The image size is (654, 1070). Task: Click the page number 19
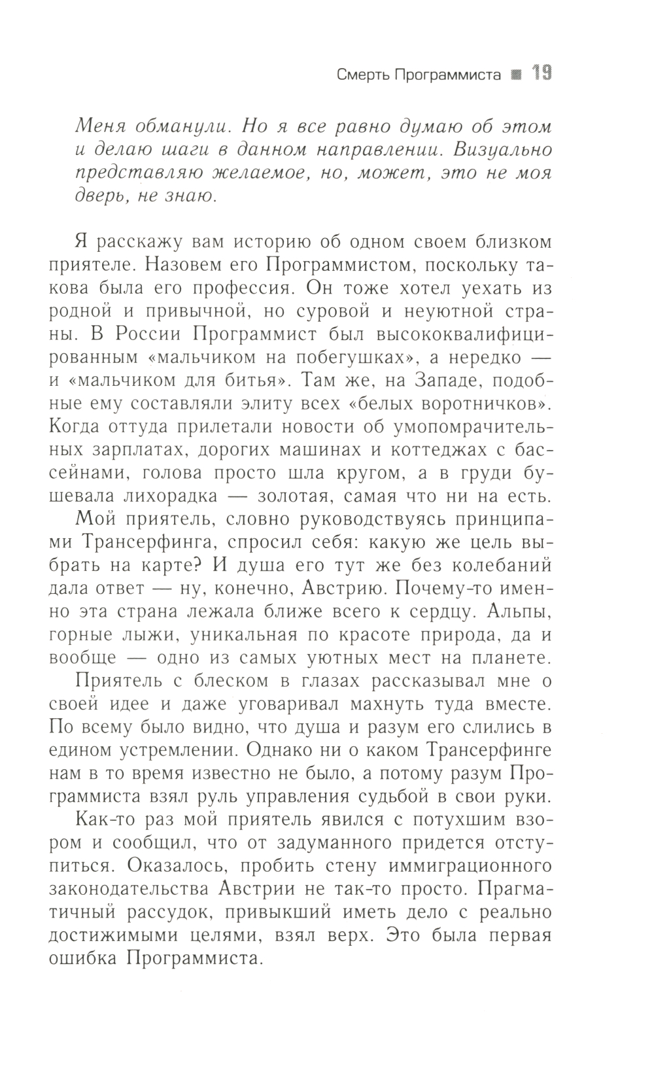[x=541, y=74]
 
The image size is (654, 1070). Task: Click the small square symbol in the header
[x=516, y=75]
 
